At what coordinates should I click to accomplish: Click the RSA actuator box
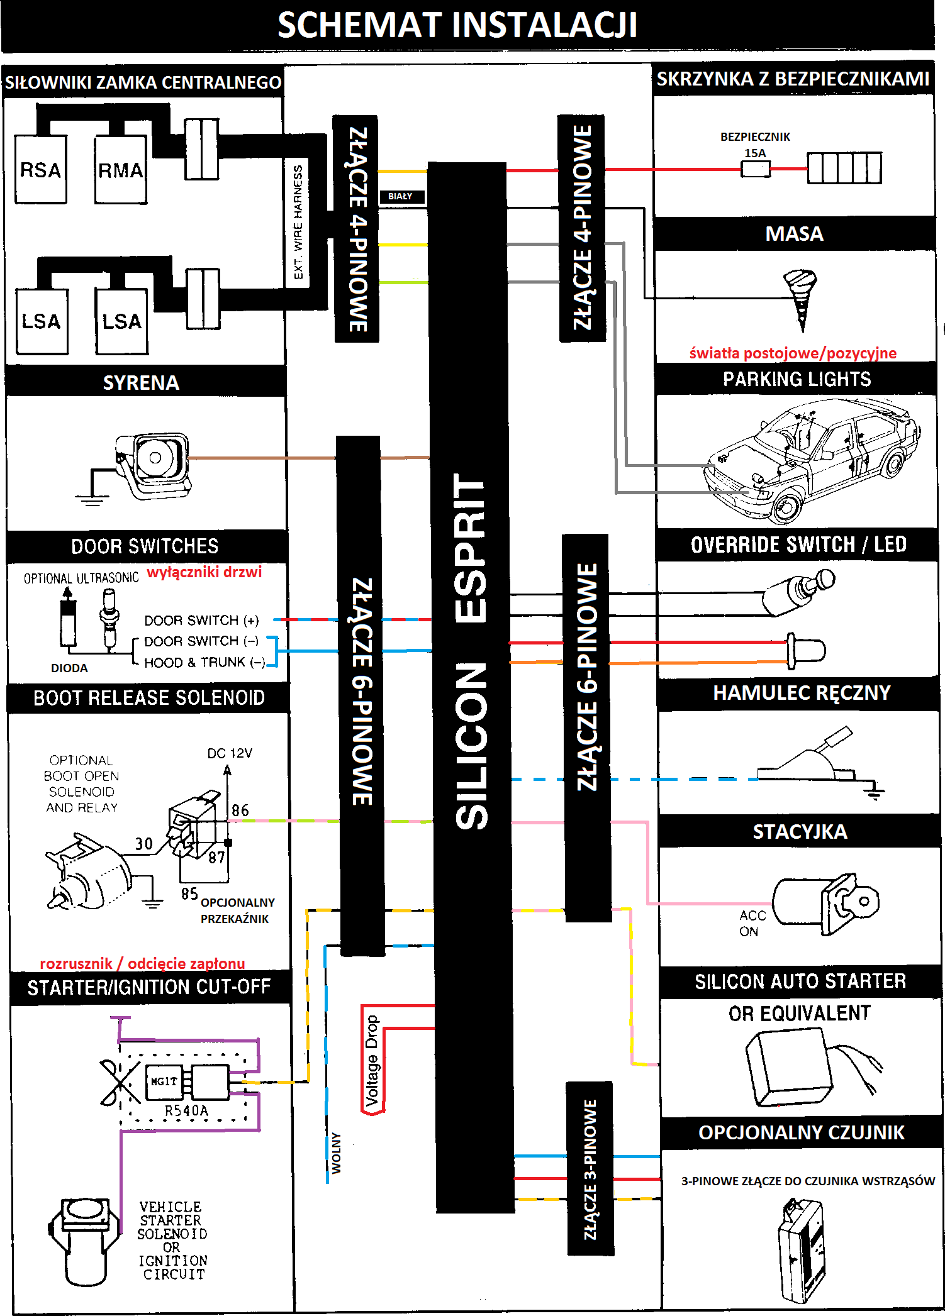(x=41, y=169)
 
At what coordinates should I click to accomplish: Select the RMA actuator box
(x=120, y=170)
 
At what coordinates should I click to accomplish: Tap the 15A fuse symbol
(x=755, y=169)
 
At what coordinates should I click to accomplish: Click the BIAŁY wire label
(x=400, y=196)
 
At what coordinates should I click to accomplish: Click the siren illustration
(x=154, y=464)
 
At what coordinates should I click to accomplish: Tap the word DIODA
(x=69, y=668)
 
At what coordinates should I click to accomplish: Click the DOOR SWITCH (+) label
(x=201, y=621)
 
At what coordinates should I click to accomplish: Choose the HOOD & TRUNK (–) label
(x=204, y=662)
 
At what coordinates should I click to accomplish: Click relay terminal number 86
(x=240, y=810)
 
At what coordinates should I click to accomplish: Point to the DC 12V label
(x=230, y=753)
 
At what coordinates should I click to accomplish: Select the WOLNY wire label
(x=337, y=1153)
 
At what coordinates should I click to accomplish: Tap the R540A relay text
(x=186, y=1110)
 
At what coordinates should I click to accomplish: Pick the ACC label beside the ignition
(x=752, y=915)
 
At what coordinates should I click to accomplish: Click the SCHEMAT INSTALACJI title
(x=457, y=25)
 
